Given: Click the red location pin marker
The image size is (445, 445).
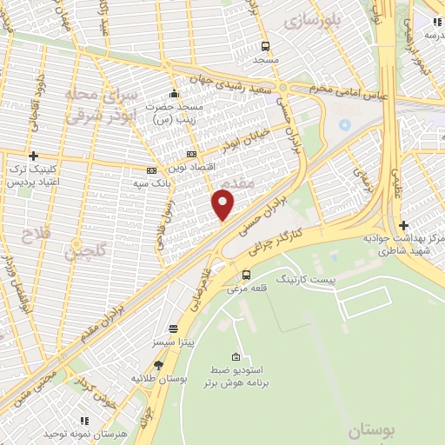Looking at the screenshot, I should pos(223,205).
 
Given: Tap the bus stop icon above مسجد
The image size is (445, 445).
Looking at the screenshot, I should pos(265,47).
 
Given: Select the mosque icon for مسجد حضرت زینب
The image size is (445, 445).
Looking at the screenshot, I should pos(175,93).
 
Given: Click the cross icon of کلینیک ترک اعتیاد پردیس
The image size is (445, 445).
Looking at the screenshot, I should pos(33,156).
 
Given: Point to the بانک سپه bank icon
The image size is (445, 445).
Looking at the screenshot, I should pos(151,170).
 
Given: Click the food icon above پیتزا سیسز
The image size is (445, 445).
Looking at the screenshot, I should pos(174,329).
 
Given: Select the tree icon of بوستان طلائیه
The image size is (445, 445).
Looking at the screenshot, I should pos(157,366).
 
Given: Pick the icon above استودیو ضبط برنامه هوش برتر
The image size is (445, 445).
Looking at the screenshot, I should pos(236,356).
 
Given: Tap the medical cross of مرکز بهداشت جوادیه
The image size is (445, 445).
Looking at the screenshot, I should pos(404,224).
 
